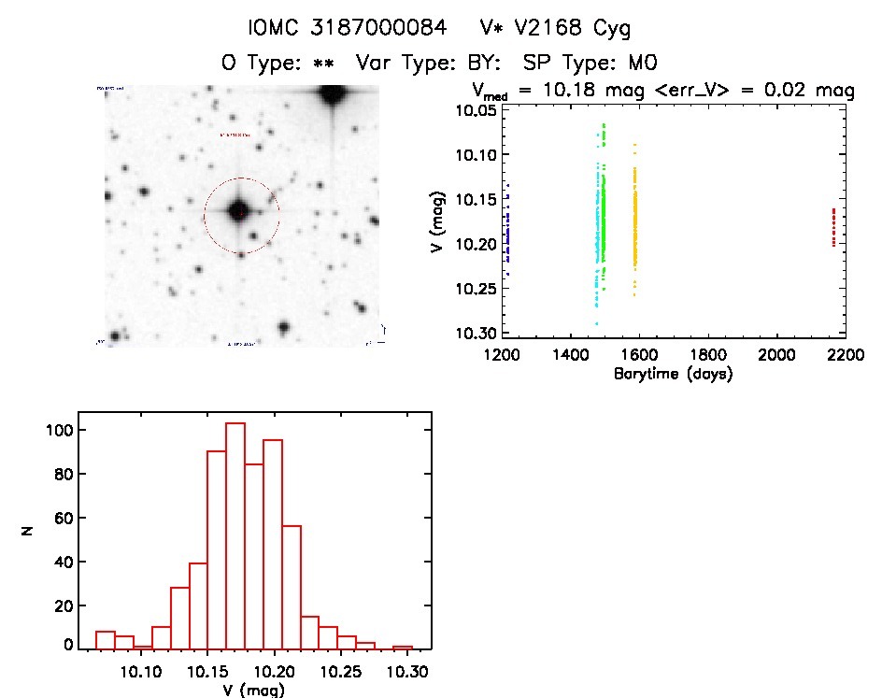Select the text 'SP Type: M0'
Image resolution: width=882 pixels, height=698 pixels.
(592, 64)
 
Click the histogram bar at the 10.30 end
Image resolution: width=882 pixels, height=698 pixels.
(403, 647)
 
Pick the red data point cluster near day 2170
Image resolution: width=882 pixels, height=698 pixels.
(833, 227)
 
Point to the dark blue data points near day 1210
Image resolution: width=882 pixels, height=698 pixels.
(507, 234)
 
